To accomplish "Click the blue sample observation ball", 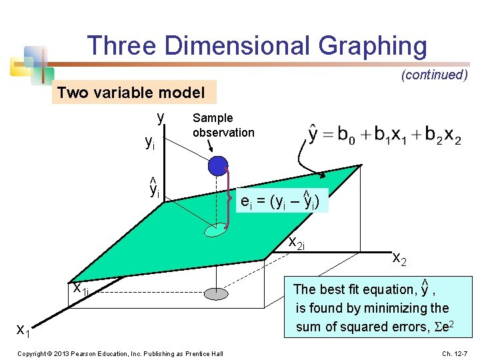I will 218,165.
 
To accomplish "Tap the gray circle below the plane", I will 215,294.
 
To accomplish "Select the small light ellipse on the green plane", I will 216,230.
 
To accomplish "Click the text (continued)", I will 434,75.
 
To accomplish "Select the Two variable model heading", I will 131,93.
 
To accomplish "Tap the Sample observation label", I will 223,125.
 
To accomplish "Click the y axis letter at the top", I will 161,117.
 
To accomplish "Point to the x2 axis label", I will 399,257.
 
